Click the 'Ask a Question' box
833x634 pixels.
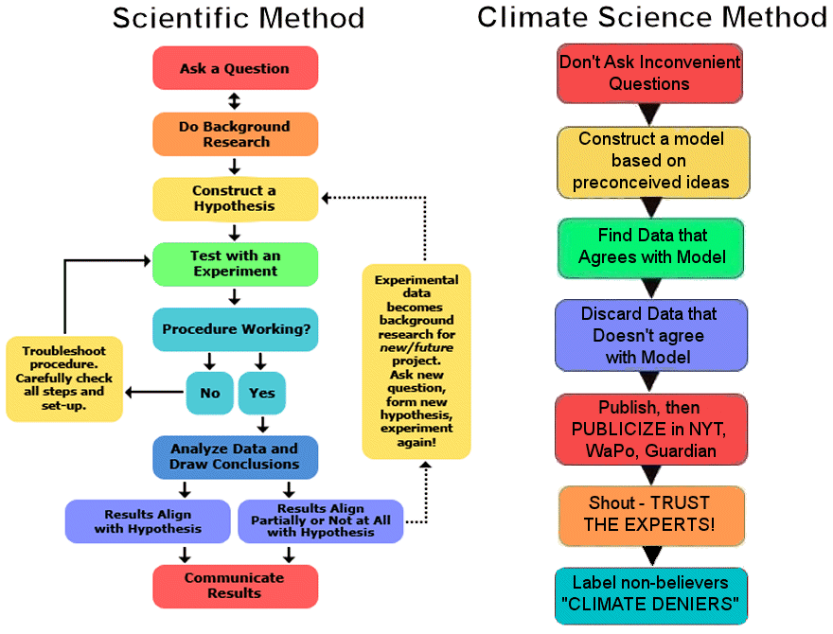point(235,68)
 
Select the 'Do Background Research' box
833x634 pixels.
point(235,133)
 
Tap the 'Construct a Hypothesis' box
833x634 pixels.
point(235,199)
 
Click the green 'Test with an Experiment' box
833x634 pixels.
point(235,263)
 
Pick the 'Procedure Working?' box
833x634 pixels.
point(235,329)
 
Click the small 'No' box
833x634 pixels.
point(209,392)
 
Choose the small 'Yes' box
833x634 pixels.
point(261,392)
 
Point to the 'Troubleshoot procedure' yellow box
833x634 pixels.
point(63,377)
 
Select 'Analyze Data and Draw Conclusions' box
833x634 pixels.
point(235,456)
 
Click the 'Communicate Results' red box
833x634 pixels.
point(235,586)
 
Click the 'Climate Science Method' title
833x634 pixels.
point(652,18)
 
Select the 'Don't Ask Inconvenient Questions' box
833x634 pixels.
point(649,73)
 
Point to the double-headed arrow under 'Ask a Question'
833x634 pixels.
point(235,100)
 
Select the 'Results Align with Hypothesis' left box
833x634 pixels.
point(149,521)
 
